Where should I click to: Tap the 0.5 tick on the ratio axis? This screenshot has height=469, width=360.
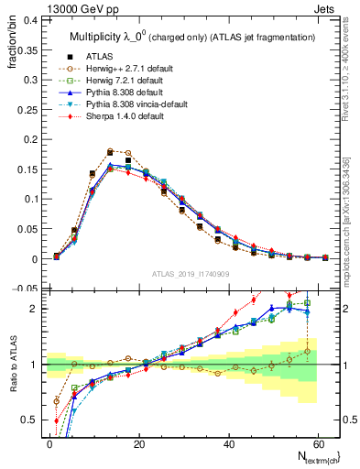(39, 420)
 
